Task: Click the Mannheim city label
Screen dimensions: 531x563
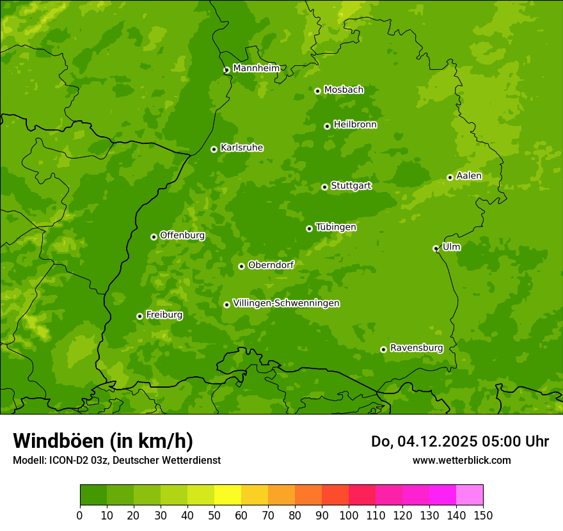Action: tap(256, 68)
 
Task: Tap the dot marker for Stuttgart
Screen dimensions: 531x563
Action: tap(324, 187)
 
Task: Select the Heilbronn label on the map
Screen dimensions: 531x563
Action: tap(355, 125)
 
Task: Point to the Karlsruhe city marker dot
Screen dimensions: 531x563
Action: tap(214, 149)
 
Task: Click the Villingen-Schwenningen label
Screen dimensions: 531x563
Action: tap(287, 303)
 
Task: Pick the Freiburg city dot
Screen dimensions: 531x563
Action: tap(139, 316)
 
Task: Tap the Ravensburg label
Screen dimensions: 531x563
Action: tap(416, 348)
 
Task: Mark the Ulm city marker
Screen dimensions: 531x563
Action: tap(436, 248)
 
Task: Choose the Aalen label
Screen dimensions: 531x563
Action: tap(469, 176)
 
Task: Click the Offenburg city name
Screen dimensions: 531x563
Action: tap(182, 235)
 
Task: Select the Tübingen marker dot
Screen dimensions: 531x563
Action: tap(309, 228)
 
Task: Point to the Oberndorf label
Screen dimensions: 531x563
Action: tap(271, 265)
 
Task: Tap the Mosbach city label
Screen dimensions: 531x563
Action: tap(344, 90)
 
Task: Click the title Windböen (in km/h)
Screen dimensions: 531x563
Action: tap(103, 441)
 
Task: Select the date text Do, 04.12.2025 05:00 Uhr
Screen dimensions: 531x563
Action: tap(460, 441)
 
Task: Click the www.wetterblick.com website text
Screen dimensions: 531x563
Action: tap(461, 460)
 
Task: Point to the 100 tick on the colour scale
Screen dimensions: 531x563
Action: tap(349, 514)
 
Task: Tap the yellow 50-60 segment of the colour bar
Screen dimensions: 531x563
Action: tap(228, 495)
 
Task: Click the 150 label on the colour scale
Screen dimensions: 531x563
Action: tap(483, 514)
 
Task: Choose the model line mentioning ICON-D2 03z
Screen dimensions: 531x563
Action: tap(116, 460)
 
